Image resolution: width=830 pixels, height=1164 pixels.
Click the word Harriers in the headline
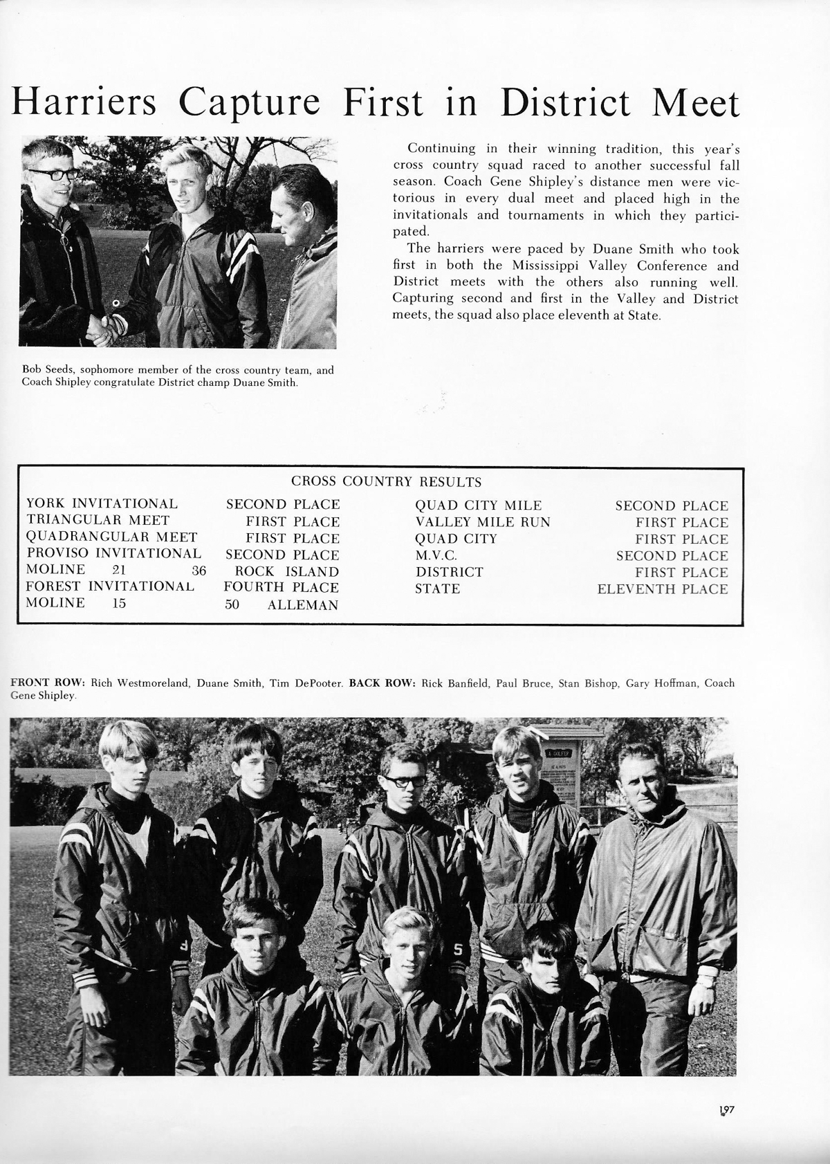click(x=82, y=104)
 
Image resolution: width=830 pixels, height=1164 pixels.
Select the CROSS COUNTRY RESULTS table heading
click(x=386, y=481)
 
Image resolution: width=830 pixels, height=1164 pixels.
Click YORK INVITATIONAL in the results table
click(x=102, y=504)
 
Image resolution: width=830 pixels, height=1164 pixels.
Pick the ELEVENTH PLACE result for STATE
click(x=663, y=589)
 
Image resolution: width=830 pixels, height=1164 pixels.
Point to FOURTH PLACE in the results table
click(x=282, y=587)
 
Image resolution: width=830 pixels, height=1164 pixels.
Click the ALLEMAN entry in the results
click(x=303, y=605)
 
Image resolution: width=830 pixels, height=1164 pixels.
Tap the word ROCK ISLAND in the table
click(x=287, y=571)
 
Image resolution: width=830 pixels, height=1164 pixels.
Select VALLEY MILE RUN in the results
click(x=483, y=522)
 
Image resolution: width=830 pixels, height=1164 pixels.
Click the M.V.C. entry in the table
click(x=436, y=555)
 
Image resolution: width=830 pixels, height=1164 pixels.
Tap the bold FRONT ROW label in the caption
click(x=47, y=683)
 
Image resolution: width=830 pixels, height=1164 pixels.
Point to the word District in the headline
click(x=565, y=104)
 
